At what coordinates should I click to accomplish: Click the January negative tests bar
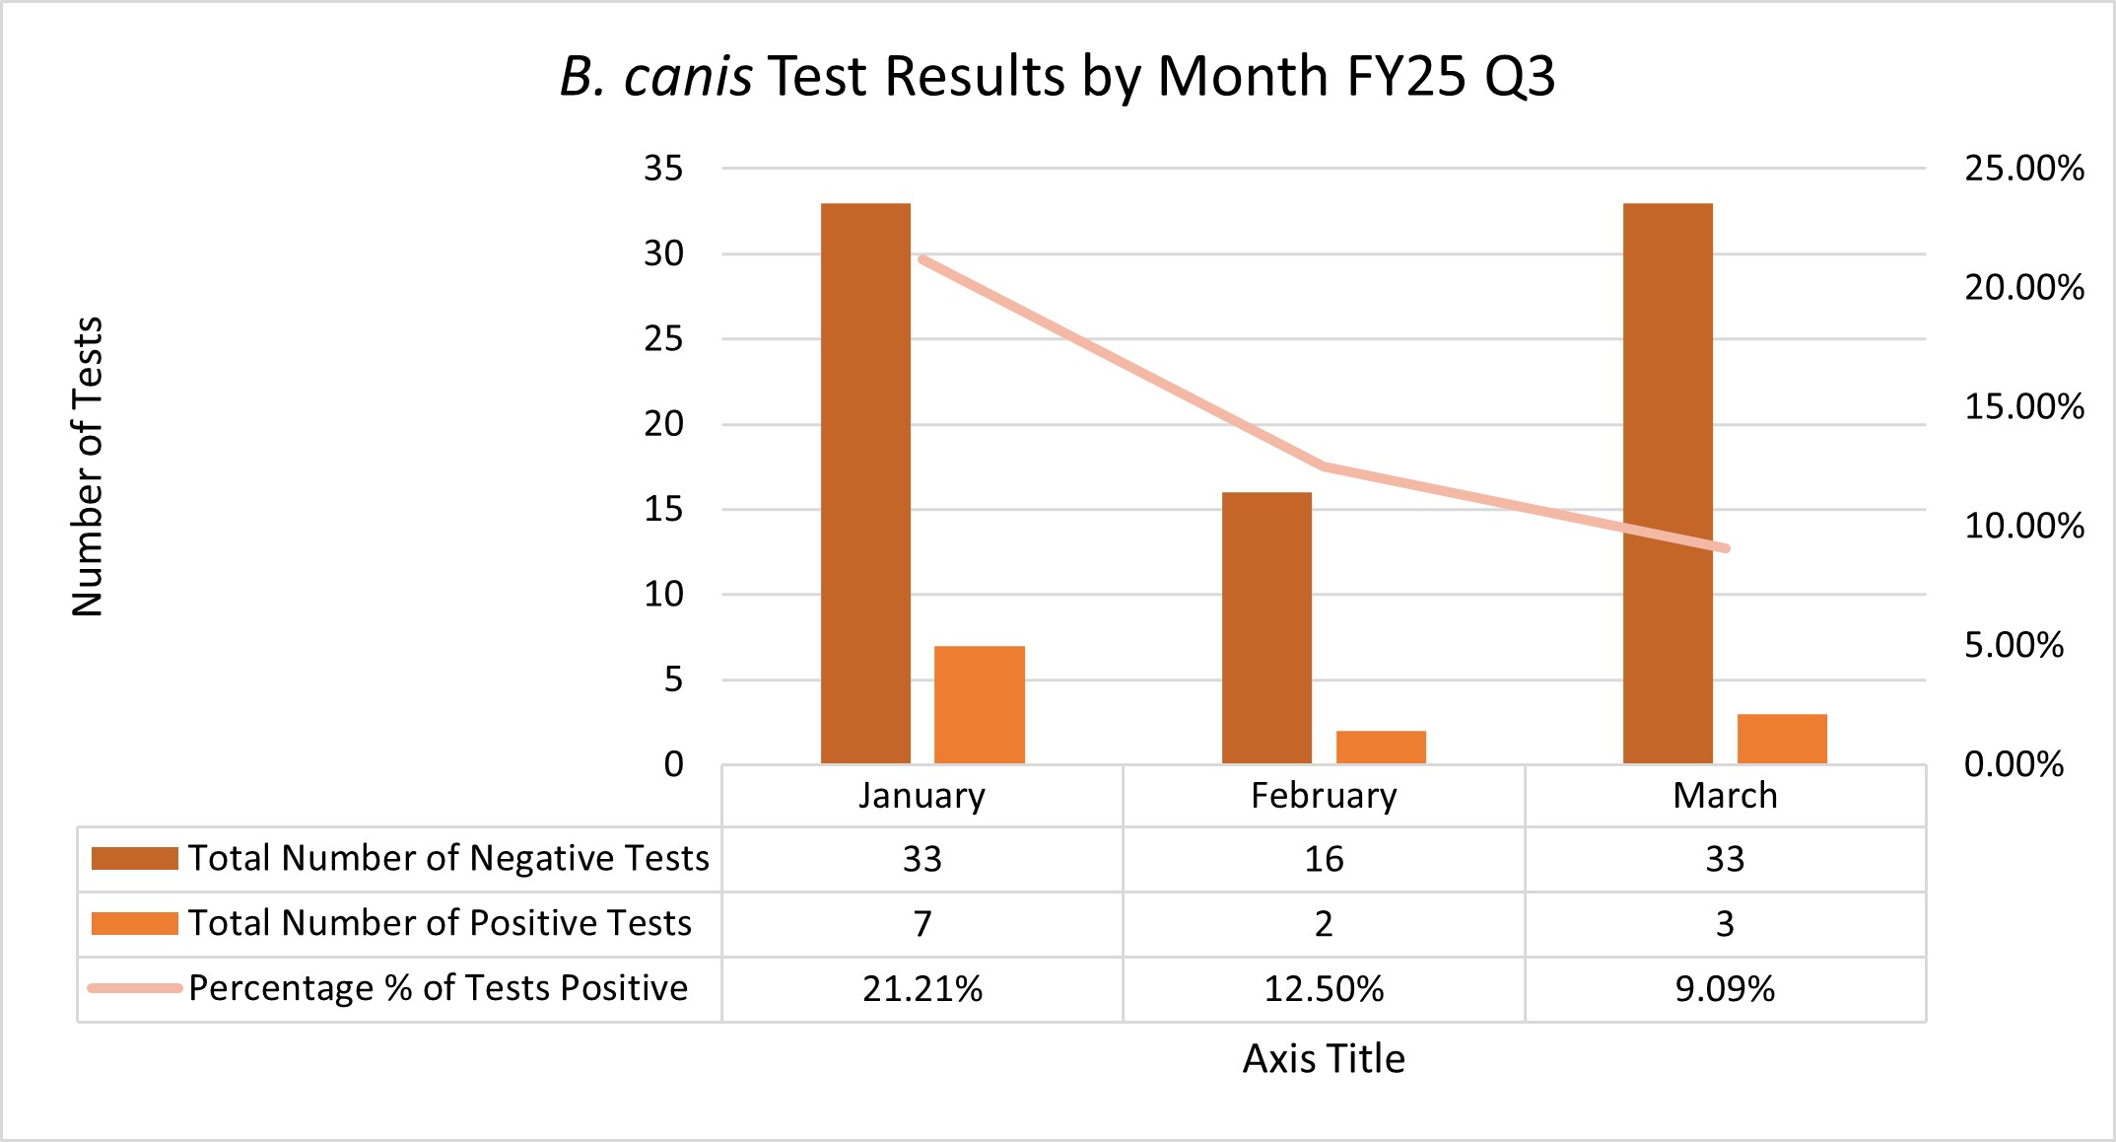pos(865,483)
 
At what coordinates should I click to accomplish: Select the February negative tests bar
pos(1266,627)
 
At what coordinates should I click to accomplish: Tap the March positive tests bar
pos(1782,739)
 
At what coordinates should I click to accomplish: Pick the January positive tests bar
pos(980,704)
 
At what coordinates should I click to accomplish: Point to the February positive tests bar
pos(1381,747)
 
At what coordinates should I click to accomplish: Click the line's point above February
pos(1324,465)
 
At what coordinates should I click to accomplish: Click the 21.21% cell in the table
pos(922,988)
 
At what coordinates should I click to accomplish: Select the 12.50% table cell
pos(1324,988)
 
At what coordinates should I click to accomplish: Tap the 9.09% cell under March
pos(1725,988)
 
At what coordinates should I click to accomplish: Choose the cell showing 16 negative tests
pos(1324,859)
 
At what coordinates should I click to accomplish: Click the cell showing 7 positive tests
pos(922,923)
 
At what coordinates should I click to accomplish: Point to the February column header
pos(1324,795)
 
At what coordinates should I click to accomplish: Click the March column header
pos(1725,795)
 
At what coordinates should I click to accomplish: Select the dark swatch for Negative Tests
pos(134,858)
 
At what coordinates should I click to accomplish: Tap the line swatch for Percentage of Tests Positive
pos(134,987)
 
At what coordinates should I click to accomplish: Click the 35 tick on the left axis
pos(663,169)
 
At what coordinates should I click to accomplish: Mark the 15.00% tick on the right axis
pos(2024,406)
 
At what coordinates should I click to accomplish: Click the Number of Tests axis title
pos(88,466)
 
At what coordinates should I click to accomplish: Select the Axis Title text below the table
pos(1324,1058)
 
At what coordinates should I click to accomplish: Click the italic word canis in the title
pos(688,76)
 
